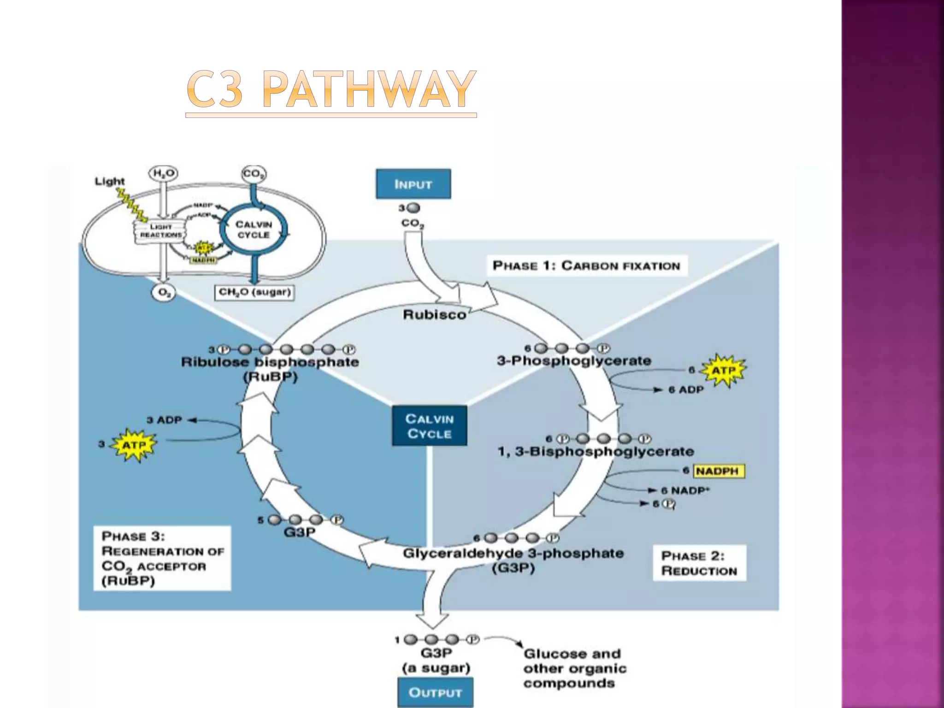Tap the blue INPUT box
point(413,184)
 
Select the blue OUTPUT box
point(435,692)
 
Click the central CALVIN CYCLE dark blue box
point(429,426)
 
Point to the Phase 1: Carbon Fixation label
point(586,266)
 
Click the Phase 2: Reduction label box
point(699,563)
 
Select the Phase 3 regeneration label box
point(162,558)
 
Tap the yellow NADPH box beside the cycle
point(718,471)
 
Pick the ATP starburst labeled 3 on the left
point(134,445)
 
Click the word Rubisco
point(434,315)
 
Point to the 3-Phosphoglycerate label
point(574,361)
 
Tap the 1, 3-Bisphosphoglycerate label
point(596,451)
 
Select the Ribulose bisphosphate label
point(270,362)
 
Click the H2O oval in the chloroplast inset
point(163,174)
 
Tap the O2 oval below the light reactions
point(164,293)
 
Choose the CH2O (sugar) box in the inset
point(254,292)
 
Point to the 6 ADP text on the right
point(685,390)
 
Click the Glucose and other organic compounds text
point(574,668)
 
